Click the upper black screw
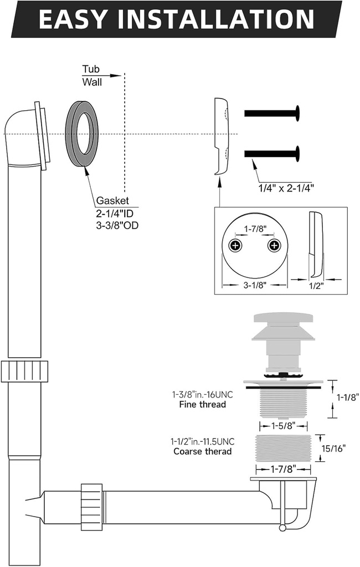pyautogui.click(x=271, y=113)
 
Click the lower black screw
pyautogui.click(x=271, y=153)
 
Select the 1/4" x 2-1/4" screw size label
pyautogui.click(x=286, y=188)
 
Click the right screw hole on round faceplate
pyautogui.click(x=272, y=245)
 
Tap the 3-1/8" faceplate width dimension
pyautogui.click(x=255, y=286)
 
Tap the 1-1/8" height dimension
pyautogui.click(x=347, y=396)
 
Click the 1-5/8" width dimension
pyautogui.click(x=283, y=426)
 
